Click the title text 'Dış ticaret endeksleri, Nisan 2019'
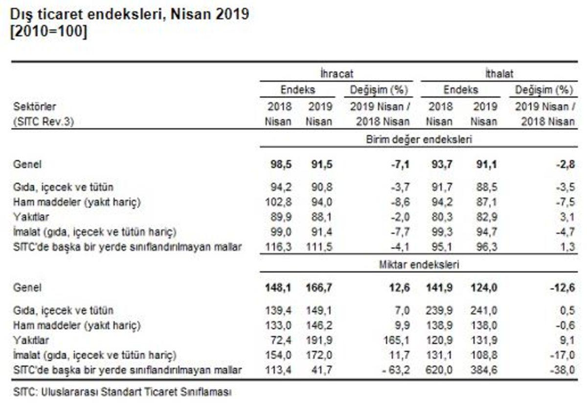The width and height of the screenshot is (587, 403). pos(130,15)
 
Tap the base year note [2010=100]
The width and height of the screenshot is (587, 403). pos(48,32)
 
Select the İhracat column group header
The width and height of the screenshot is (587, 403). pos(337,74)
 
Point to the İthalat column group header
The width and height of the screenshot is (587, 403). pos(499,74)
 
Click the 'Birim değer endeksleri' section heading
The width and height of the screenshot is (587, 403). pos(419,139)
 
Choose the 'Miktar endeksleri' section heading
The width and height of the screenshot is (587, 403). pos(419,265)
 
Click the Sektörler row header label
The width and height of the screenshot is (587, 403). pos(34,107)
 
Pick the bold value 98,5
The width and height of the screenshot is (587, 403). pos(281,164)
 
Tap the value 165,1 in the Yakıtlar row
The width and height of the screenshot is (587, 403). pos(397,340)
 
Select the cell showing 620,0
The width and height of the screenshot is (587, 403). pos(439,370)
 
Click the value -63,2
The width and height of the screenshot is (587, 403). pos(396,370)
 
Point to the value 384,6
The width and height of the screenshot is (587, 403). pos(484,370)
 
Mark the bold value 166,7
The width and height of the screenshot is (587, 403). pos(319,288)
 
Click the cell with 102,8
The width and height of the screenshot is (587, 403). pos(278,202)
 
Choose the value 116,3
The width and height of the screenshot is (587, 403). pos(278,247)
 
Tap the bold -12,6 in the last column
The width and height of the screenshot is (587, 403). pos(563,288)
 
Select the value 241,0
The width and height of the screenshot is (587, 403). pos(484,311)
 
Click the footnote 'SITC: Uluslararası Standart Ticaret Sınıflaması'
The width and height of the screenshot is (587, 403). pos(122,392)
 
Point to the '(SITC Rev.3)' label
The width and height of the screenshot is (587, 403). pos(44,122)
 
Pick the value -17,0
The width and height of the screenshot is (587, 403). pos(563,355)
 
